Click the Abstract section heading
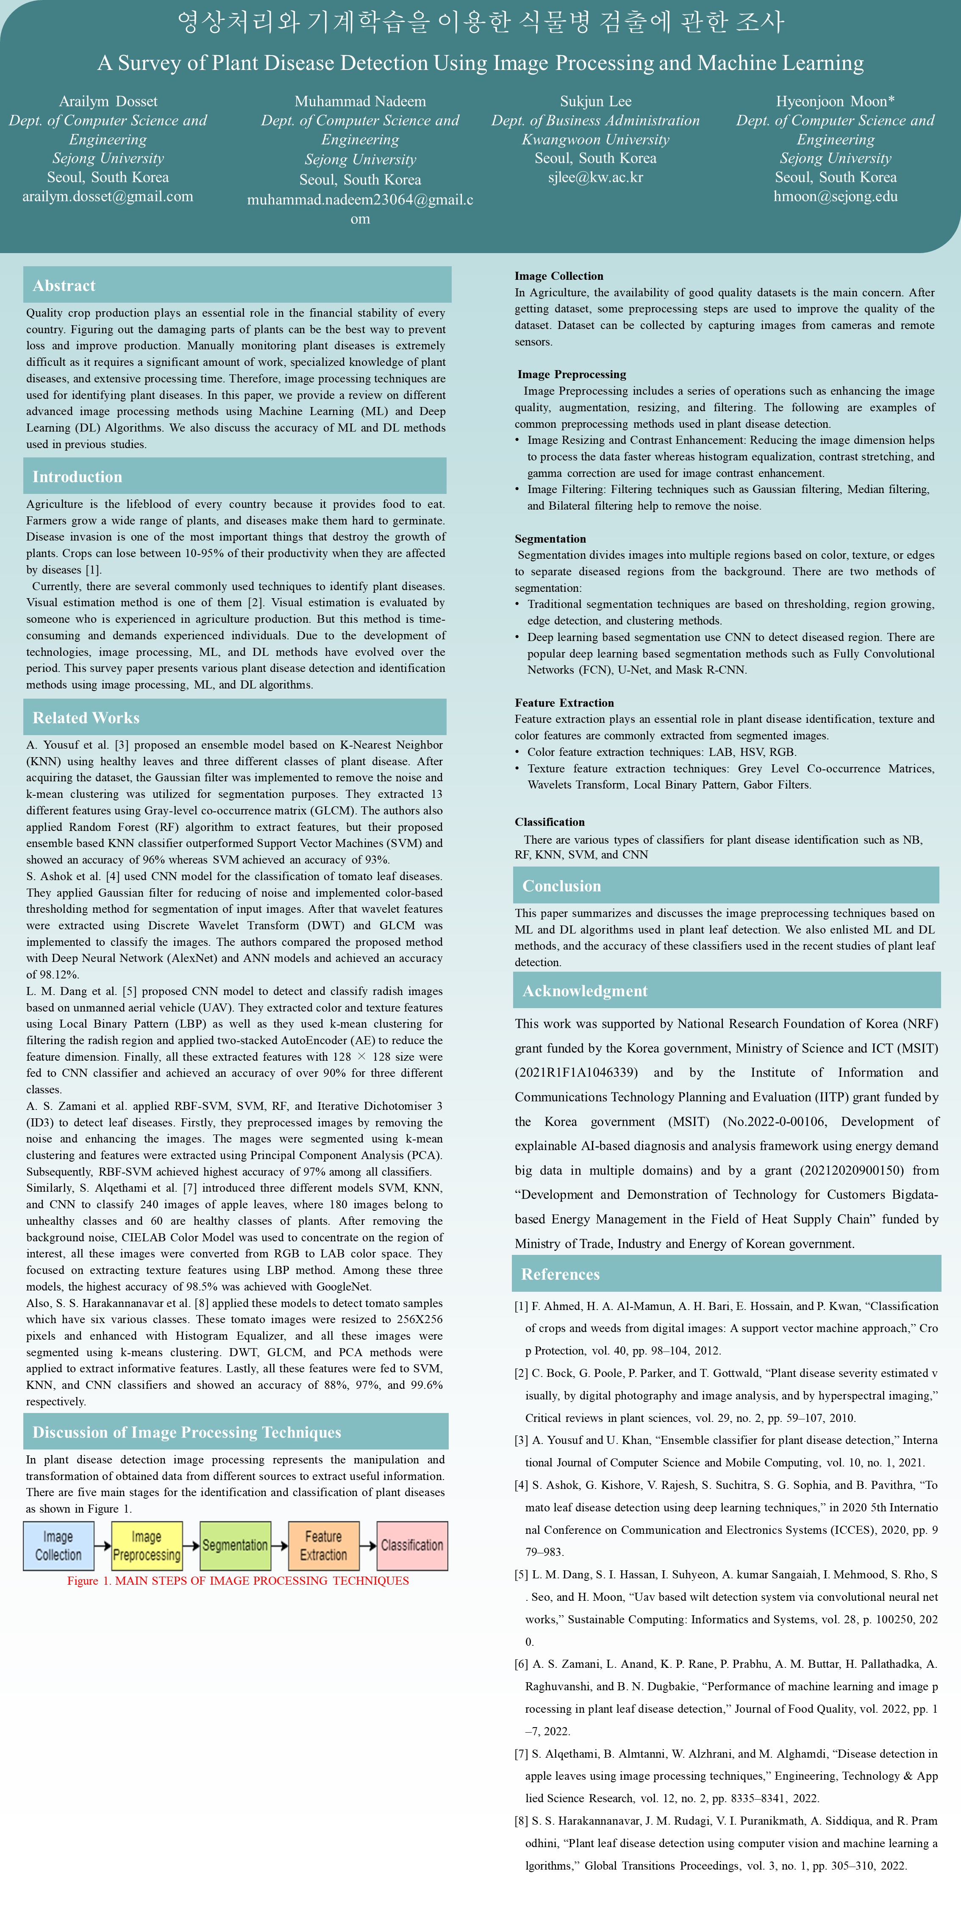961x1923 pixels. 64,286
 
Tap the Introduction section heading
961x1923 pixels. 77,477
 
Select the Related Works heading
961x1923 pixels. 86,718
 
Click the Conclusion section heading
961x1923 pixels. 561,886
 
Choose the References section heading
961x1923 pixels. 560,1274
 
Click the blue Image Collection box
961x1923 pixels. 58,1546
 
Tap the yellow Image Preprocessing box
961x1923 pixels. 146,1546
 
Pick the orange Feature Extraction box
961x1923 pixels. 323,1546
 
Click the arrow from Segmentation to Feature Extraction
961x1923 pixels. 278,1546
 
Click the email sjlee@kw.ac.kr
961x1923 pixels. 595,178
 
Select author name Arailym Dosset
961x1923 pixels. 108,101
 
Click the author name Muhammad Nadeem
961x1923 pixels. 360,101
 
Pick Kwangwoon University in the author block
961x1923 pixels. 595,139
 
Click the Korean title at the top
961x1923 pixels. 480,22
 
